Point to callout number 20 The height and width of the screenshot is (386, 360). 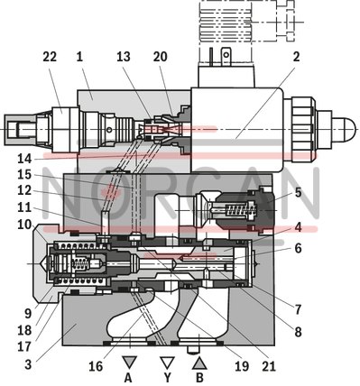point(161,57)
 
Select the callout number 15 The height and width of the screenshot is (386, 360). point(24,174)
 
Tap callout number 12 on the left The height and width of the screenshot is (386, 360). point(24,191)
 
